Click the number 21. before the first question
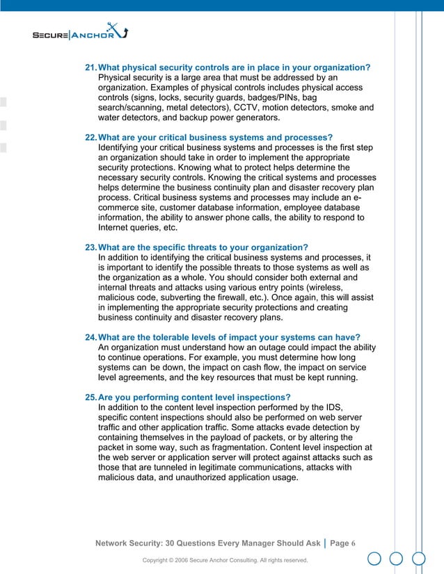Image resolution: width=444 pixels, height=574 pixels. coord(91,67)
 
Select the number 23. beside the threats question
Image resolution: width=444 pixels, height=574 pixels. coord(91,248)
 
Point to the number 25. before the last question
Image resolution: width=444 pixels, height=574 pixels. coord(91,397)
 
